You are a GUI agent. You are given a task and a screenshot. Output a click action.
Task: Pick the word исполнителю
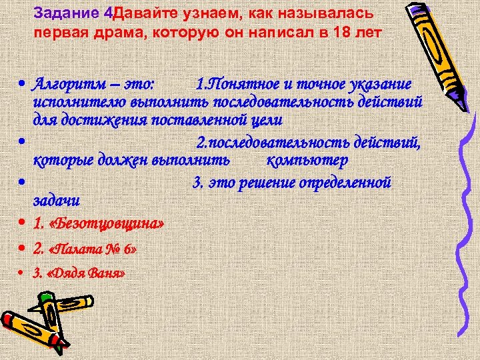click(74, 102)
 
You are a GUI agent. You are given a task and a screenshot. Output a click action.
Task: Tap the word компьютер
click(307, 161)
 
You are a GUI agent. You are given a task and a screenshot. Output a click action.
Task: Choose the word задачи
click(57, 199)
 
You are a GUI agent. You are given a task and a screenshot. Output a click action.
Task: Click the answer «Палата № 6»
click(93, 249)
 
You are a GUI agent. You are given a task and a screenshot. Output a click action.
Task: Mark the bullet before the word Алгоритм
click(23, 85)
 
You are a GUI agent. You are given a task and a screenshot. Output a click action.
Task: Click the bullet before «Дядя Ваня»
click(23, 273)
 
